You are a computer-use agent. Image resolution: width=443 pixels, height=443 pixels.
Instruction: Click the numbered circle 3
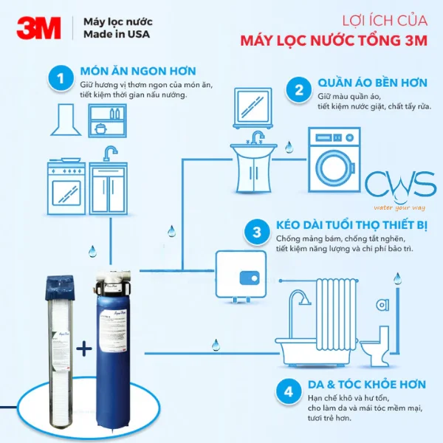(256, 233)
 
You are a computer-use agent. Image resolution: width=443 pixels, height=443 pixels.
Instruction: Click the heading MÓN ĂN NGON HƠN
(138, 71)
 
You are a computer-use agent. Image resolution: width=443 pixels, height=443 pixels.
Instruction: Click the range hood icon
(67, 122)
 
